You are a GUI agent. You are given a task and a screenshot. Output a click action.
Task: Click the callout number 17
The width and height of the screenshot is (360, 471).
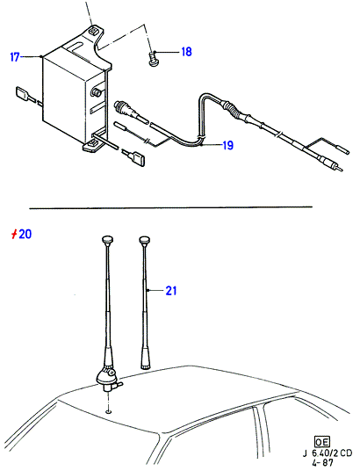coord(15,57)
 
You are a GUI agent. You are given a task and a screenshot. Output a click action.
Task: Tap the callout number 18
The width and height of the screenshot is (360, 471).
coord(186,52)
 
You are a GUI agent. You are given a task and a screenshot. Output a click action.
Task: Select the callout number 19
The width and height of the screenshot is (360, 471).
coord(228,145)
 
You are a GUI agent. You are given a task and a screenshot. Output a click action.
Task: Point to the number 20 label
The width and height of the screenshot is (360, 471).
coord(25,234)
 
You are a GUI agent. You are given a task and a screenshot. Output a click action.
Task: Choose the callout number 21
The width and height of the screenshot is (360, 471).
coord(171,291)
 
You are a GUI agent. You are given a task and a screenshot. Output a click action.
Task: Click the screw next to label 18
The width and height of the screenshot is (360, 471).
coord(153,59)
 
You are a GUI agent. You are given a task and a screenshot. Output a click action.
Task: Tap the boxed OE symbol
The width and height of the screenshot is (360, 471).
coord(322,442)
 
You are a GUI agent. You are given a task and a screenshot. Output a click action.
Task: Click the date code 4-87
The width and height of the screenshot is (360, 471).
coord(323,462)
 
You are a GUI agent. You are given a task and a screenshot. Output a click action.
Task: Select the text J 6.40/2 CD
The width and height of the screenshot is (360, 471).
coord(327,453)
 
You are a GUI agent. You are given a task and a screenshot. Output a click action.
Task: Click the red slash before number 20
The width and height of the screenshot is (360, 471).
coord(13,235)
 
